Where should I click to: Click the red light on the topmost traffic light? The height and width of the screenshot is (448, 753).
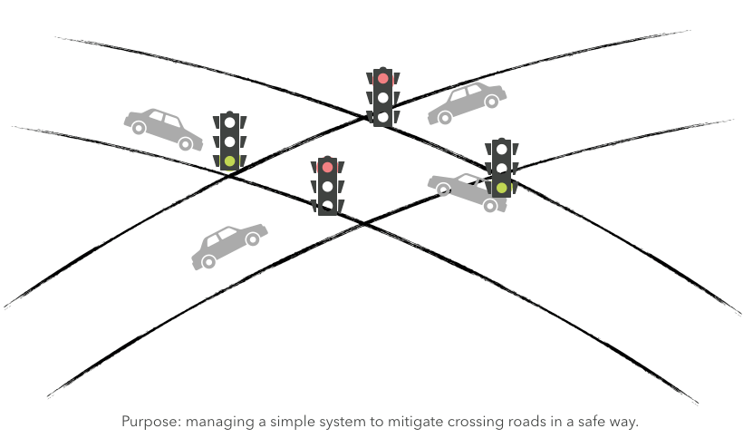point(383,79)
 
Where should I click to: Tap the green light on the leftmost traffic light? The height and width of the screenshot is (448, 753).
point(230,161)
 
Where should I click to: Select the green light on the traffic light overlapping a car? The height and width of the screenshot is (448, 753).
point(501,188)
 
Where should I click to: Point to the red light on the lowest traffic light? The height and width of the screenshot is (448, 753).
point(328,168)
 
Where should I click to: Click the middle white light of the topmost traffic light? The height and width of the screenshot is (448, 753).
point(383,98)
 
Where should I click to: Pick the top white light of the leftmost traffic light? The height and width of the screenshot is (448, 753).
point(230,122)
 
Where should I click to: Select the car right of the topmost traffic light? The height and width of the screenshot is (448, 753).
point(467,102)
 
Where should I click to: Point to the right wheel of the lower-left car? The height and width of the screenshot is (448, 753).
point(252,239)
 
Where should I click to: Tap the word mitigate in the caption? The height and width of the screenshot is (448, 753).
point(423,422)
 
